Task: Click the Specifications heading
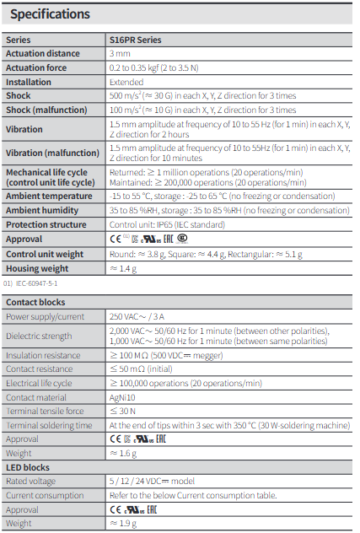tap(50, 14)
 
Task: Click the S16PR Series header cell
tap(135, 40)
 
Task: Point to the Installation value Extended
tap(126, 83)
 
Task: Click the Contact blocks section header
tap(35, 301)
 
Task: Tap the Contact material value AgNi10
tap(125, 396)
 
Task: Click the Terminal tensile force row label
tap(44, 411)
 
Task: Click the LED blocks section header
tap(28, 466)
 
